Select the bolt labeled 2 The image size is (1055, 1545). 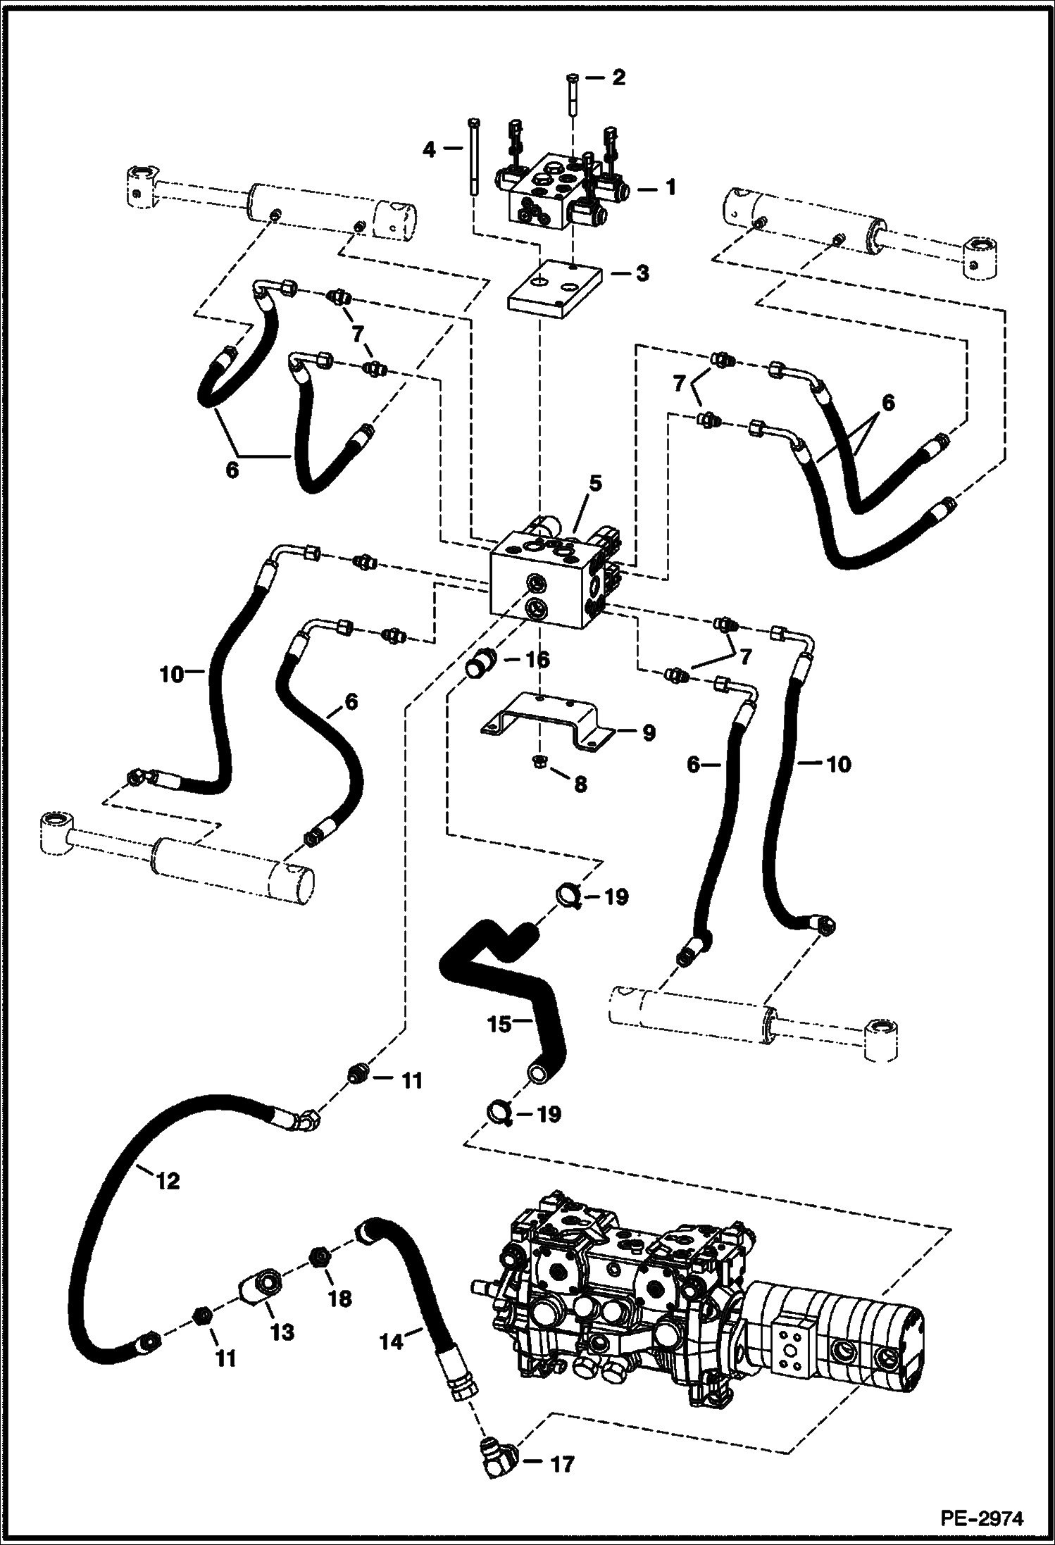click(571, 98)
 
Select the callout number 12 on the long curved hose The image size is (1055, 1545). click(168, 1181)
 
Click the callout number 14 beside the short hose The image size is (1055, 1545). click(392, 1341)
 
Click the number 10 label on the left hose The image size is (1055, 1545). click(171, 674)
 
